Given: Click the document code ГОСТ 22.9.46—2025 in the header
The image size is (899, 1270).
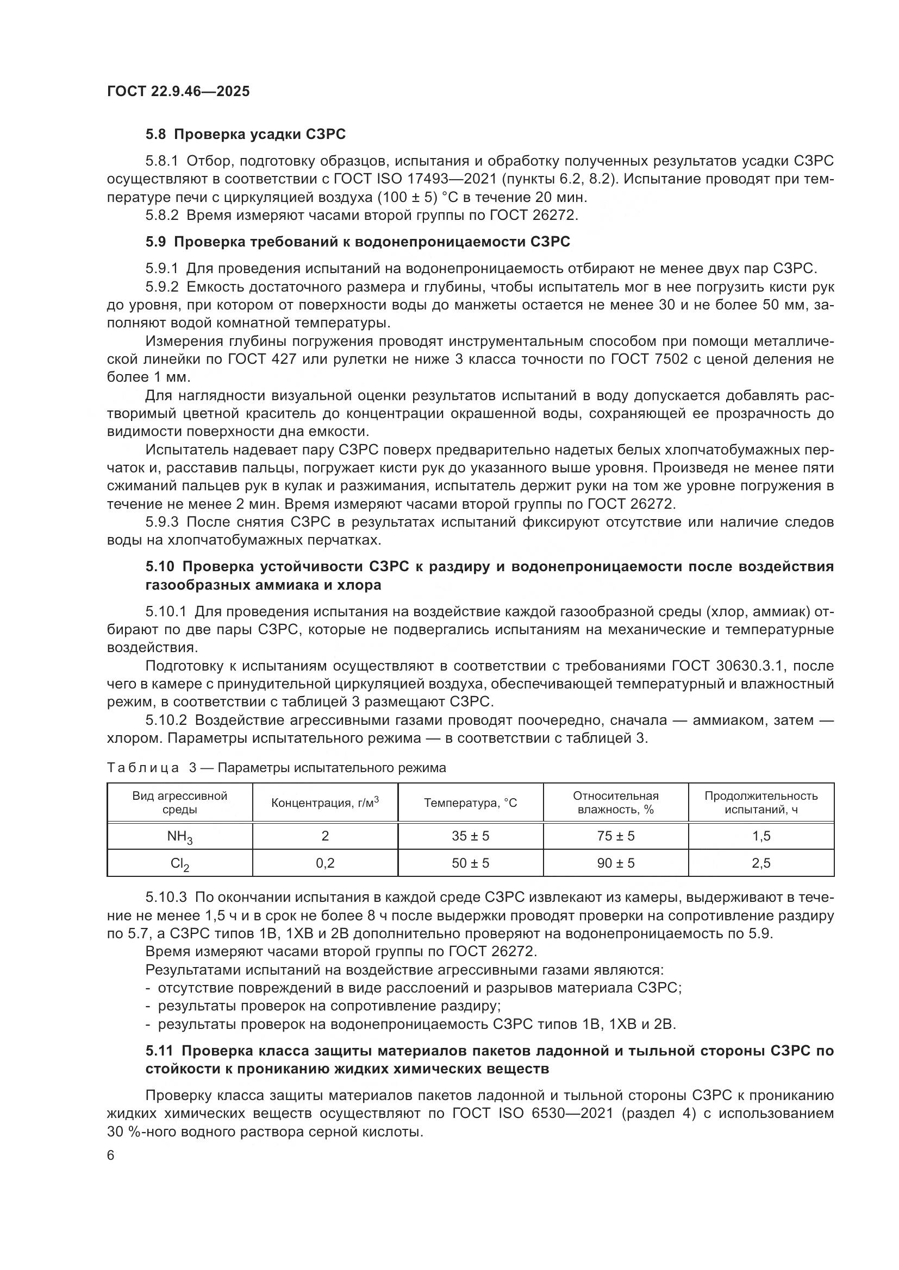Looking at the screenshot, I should pyautogui.click(x=178, y=91).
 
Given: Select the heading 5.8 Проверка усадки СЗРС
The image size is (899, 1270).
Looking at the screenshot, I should pyautogui.click(x=245, y=134).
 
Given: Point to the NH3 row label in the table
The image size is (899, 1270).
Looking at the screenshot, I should pyautogui.click(x=180, y=836).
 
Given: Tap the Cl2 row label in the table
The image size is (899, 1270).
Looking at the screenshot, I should pyautogui.click(x=180, y=863).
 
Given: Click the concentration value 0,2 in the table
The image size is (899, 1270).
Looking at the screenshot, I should pyautogui.click(x=325, y=863).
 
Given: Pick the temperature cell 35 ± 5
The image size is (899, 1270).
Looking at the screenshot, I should pyautogui.click(x=471, y=836).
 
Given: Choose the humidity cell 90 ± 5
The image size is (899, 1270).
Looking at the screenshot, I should pyautogui.click(x=616, y=863).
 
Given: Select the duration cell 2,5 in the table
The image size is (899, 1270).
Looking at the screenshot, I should pyautogui.click(x=761, y=863).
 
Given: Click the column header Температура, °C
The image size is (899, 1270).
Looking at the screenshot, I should pyautogui.click(x=471, y=803).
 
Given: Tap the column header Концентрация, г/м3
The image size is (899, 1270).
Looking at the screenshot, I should pyautogui.click(x=325, y=803).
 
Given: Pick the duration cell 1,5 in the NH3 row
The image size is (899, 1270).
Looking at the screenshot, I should pyautogui.click(x=761, y=836).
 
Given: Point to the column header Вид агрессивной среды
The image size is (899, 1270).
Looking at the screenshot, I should pyautogui.click(x=180, y=803).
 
